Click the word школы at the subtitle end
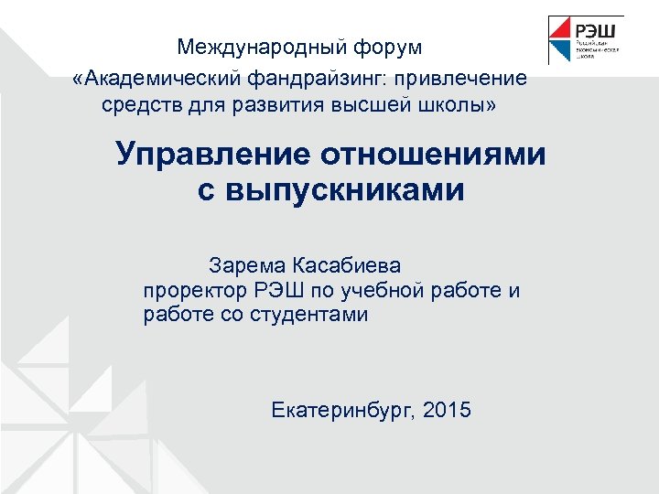463,107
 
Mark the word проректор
190,292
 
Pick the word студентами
317,316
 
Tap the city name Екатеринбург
344,410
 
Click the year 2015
448,410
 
